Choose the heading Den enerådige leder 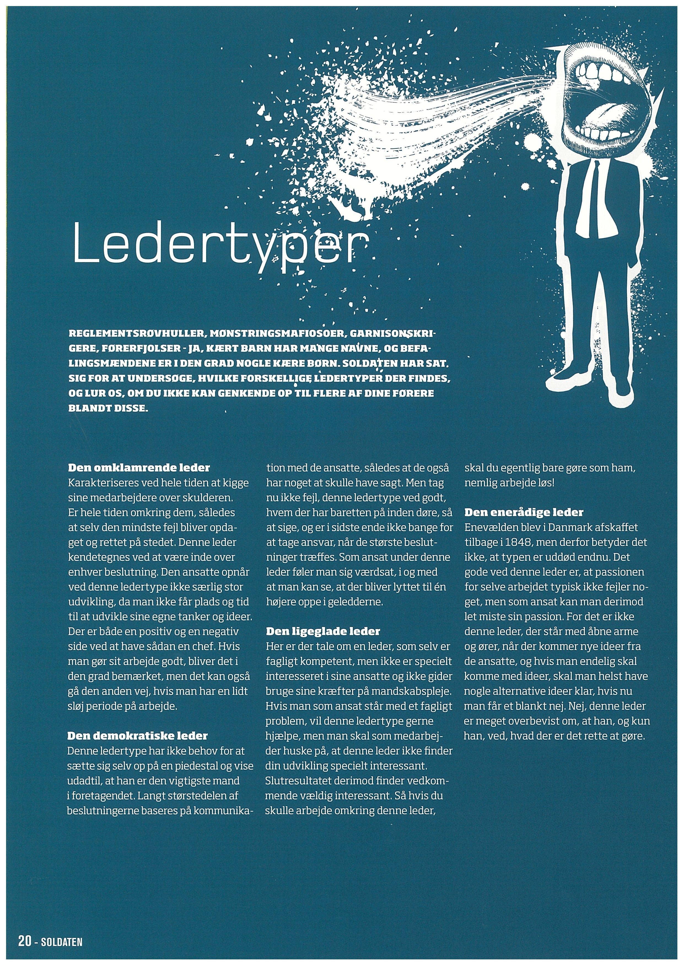click(524, 512)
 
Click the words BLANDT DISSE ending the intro click(108, 408)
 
